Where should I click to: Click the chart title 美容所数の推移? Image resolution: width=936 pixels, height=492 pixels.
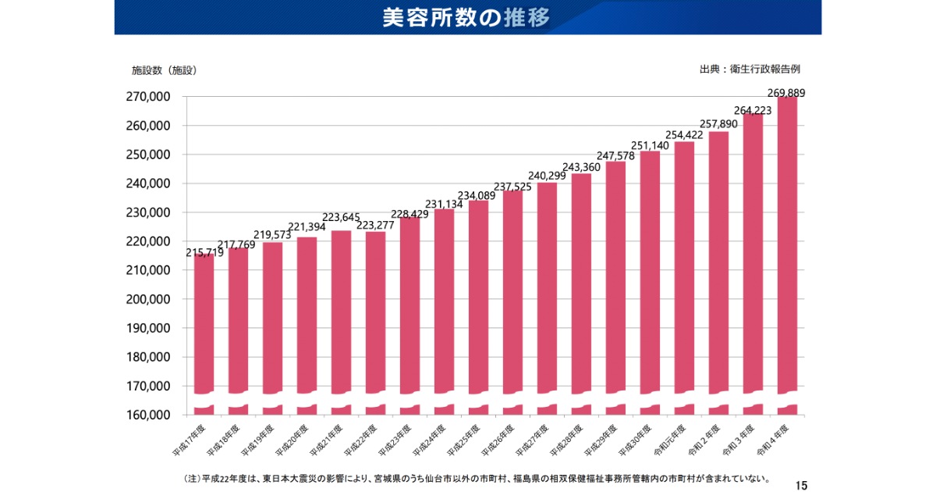click(x=466, y=18)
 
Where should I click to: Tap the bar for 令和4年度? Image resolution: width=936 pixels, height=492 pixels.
click(x=787, y=250)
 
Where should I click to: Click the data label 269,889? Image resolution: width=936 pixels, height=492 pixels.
click(x=785, y=93)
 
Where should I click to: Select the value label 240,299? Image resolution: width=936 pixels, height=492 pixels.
click(x=547, y=176)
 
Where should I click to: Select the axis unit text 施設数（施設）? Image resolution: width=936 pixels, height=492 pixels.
click(x=164, y=70)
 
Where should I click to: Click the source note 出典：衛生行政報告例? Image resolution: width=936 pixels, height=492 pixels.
click(x=750, y=70)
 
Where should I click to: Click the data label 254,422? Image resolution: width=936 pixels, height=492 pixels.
click(x=684, y=135)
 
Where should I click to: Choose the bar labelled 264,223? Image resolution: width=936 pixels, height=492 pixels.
click(x=753, y=258)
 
